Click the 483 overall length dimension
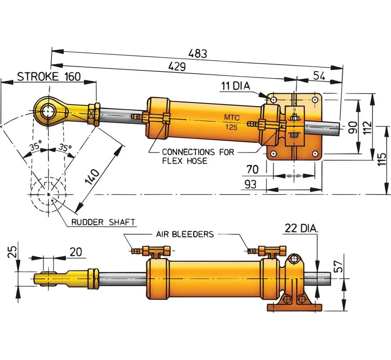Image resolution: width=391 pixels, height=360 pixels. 197,54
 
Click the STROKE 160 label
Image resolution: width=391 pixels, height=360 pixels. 49,76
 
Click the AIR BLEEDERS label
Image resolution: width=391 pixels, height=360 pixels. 185,234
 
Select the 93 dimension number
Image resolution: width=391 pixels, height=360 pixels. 251,185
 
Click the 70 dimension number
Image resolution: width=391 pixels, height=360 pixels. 252,169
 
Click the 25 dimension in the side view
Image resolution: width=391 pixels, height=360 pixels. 12,252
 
